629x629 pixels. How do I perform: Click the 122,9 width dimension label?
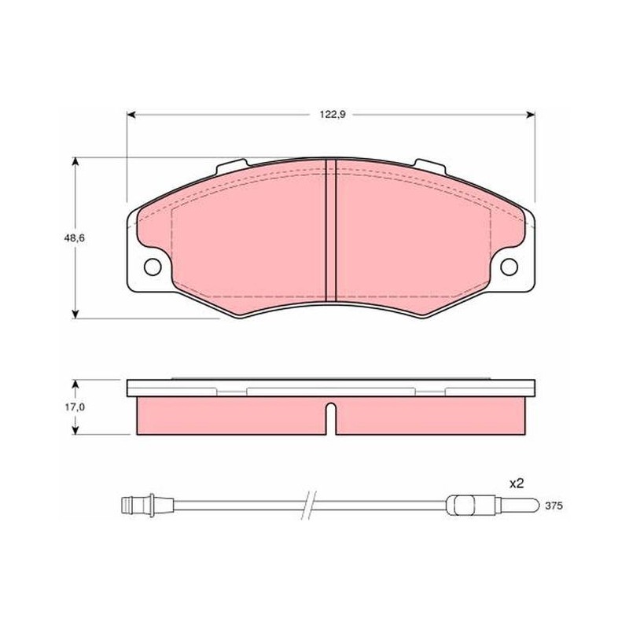pyautogui.click(x=332, y=115)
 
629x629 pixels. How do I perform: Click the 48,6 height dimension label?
pyautogui.click(x=74, y=238)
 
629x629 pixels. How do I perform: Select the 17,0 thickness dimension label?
pyautogui.click(x=75, y=407)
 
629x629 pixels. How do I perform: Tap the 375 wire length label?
pyautogui.click(x=554, y=506)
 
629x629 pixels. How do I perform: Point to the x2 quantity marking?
pyautogui.click(x=517, y=484)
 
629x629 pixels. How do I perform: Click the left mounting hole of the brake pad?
pyautogui.click(x=153, y=267)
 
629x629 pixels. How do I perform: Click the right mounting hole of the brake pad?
pyautogui.click(x=509, y=267)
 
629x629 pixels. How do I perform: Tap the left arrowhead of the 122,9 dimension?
pyautogui.click(x=131, y=115)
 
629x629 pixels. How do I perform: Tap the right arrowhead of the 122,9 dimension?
pyautogui.click(x=530, y=115)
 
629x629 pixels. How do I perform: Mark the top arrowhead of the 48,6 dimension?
pyautogui.click(x=75, y=161)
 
